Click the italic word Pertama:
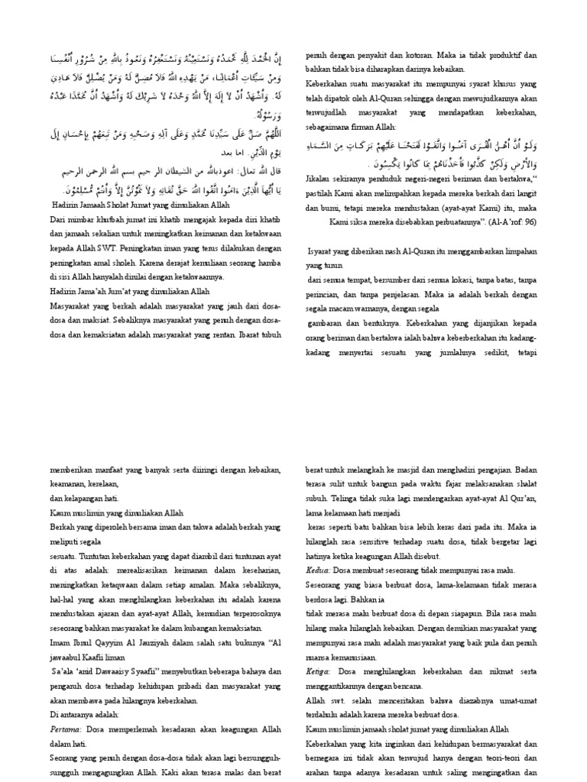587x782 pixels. click(64, 729)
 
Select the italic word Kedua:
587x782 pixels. click(319, 570)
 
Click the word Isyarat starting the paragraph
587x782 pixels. click(324, 250)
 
